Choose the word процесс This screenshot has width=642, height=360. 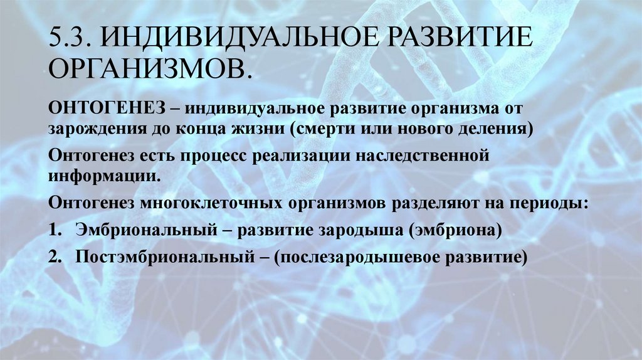click(x=213, y=154)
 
